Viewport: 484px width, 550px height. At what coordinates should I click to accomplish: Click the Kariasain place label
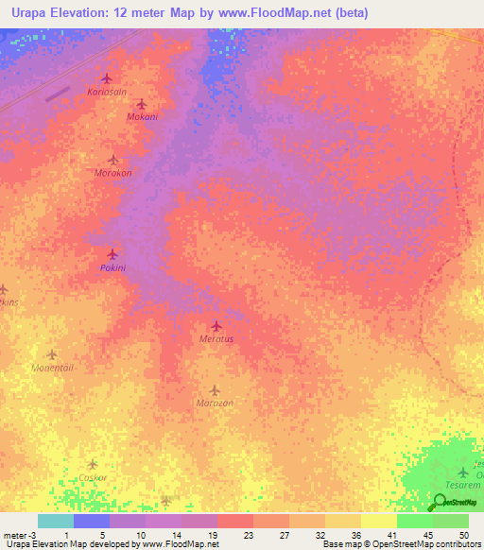click(x=106, y=92)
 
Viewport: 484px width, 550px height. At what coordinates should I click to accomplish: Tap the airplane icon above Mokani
click(x=141, y=104)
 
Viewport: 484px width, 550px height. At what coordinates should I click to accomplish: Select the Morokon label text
click(x=112, y=173)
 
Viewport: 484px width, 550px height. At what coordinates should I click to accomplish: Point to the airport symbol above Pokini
click(x=112, y=254)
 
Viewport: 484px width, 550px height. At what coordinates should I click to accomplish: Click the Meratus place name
click(x=216, y=338)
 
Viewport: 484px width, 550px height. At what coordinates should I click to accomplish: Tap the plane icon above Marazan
click(x=215, y=389)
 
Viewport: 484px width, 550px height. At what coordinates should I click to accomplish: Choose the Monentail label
click(x=52, y=368)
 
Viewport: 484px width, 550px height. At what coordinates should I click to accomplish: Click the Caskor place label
click(x=92, y=477)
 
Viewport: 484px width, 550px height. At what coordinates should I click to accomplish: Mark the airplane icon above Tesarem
click(x=463, y=472)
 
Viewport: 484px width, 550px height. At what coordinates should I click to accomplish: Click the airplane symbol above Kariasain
click(x=106, y=78)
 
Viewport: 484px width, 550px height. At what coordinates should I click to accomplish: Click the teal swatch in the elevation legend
click(x=55, y=521)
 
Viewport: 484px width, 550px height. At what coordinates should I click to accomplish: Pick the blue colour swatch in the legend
click(x=91, y=521)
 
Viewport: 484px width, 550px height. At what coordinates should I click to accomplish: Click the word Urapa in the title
click(x=34, y=13)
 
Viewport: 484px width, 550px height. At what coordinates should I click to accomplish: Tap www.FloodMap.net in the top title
click(x=278, y=13)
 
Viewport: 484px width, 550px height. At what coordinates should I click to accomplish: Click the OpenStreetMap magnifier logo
click(x=441, y=502)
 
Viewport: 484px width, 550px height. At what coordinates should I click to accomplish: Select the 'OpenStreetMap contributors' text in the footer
click(x=429, y=544)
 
